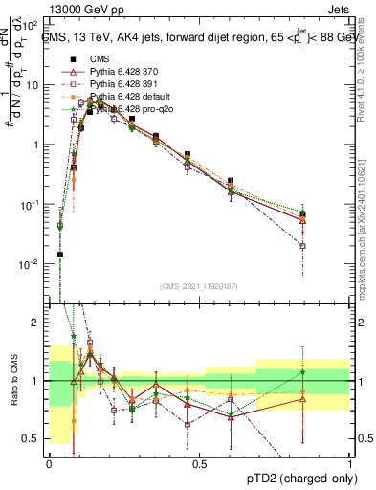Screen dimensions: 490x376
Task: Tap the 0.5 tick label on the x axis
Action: click(x=199, y=464)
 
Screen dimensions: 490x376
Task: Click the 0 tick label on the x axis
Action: click(x=49, y=464)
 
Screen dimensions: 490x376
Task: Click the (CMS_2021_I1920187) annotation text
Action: click(x=198, y=286)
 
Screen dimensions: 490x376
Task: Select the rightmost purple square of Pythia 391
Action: click(x=302, y=246)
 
